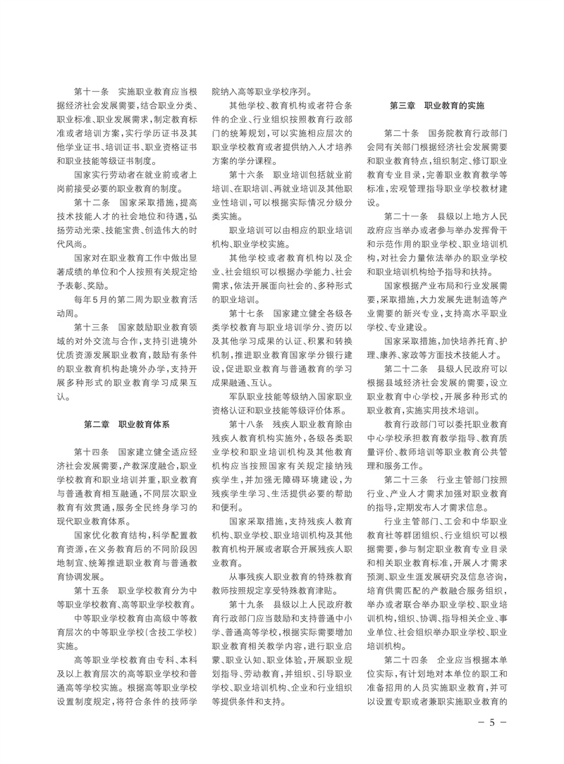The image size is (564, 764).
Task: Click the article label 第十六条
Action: click(x=246, y=173)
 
